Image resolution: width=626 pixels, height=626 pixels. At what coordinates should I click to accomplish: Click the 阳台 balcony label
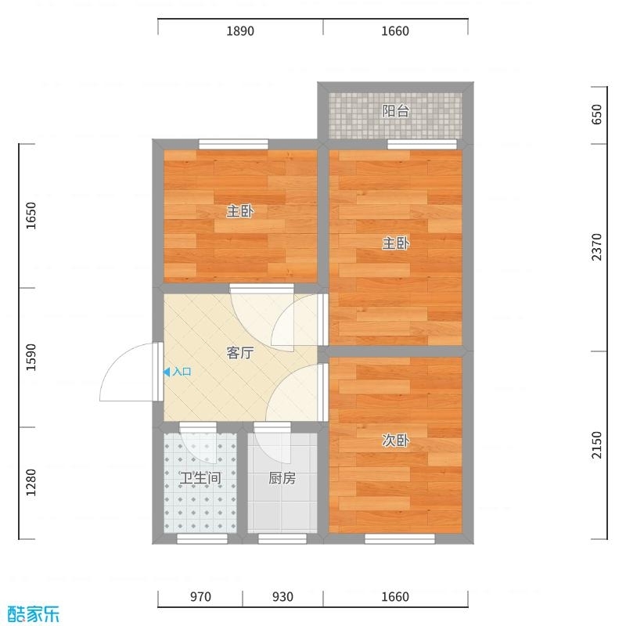point(396,111)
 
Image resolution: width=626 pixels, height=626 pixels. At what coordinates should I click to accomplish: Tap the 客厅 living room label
point(240,353)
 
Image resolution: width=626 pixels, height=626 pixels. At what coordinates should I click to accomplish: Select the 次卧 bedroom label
point(396,440)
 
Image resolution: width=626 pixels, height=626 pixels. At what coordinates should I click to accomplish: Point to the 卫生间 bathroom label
point(200,478)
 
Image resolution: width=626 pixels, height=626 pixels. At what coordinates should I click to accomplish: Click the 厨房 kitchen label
point(282,478)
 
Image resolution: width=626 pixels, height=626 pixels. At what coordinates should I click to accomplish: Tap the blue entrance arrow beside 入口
point(167,372)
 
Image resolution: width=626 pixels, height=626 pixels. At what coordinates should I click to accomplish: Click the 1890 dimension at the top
point(240,31)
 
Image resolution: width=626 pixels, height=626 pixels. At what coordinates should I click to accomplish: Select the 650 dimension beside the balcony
point(596,114)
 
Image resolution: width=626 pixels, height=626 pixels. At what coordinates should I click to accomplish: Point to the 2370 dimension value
point(596,247)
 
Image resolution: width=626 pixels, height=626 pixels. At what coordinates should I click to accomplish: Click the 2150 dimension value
point(596,444)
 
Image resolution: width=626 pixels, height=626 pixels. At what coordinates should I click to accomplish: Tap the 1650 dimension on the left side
point(31,216)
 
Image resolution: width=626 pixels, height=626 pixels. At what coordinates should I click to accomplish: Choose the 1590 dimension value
point(31,358)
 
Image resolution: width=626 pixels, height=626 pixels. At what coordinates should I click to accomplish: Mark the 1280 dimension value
point(31,483)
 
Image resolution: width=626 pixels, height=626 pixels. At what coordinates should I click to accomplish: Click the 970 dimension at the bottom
point(200,596)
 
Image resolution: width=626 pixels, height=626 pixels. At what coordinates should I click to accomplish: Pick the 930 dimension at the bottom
point(282,596)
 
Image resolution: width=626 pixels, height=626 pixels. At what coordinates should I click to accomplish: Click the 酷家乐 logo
point(34,613)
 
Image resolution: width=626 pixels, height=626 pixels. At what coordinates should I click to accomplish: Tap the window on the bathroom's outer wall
point(202,539)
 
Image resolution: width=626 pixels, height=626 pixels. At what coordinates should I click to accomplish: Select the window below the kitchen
point(282,539)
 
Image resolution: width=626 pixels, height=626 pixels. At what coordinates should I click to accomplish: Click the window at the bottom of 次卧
point(400,539)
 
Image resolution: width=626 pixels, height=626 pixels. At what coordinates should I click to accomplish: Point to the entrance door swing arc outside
point(115,359)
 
